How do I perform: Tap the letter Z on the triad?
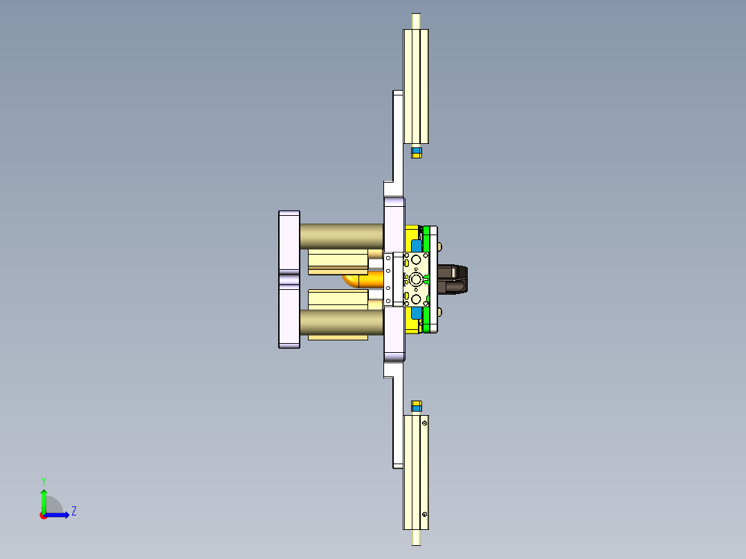click(x=73, y=511)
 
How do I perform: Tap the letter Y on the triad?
click(x=43, y=481)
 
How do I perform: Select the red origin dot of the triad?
click(x=43, y=515)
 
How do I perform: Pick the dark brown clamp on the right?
click(x=454, y=279)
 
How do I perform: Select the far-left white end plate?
click(x=289, y=279)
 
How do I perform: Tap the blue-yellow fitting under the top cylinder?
click(x=416, y=152)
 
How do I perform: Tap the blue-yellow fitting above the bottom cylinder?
click(x=416, y=405)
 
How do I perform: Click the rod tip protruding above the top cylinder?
click(x=416, y=21)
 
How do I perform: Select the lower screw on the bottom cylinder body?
click(x=424, y=515)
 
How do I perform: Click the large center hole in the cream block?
click(x=415, y=279)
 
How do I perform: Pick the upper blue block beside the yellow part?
click(x=416, y=246)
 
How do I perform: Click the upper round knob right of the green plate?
click(x=441, y=246)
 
